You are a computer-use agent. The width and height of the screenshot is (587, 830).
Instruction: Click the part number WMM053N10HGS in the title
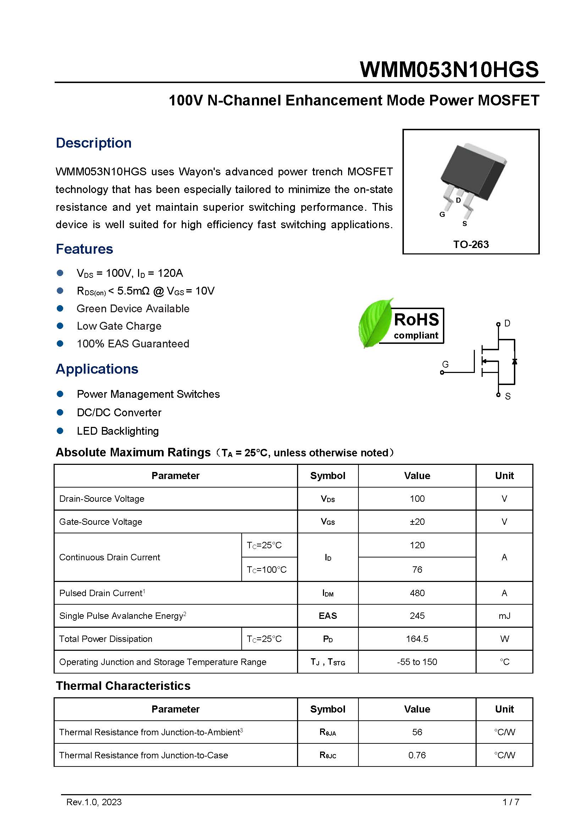(449, 70)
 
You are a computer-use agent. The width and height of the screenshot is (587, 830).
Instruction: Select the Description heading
(94, 143)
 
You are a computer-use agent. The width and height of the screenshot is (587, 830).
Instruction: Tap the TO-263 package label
(471, 244)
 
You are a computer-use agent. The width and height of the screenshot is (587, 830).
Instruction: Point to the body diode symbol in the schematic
(514, 361)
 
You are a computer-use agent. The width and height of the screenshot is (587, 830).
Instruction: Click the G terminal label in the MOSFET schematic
(445, 364)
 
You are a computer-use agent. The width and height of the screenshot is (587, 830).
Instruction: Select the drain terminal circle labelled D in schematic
(498, 324)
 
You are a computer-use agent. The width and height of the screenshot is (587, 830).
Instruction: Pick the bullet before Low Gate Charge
(60, 326)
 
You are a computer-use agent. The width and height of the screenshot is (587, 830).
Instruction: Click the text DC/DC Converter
(119, 412)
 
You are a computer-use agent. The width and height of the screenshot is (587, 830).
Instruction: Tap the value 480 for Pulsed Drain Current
(417, 593)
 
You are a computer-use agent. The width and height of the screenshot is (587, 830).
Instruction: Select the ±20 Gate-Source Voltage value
(417, 522)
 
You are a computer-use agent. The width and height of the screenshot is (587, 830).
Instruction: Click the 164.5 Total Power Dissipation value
(417, 639)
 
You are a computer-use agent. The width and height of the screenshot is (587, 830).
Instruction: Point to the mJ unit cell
(504, 616)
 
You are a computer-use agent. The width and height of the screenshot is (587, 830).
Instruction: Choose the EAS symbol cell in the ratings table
(328, 616)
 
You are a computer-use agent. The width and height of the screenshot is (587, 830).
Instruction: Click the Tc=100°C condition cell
(267, 570)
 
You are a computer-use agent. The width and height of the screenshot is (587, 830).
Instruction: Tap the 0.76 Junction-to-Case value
(417, 755)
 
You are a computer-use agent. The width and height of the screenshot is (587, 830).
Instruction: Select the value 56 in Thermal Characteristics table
(417, 732)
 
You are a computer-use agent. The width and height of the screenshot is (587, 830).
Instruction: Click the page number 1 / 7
(510, 802)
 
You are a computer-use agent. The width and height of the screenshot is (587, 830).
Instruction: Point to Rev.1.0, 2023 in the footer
(94, 802)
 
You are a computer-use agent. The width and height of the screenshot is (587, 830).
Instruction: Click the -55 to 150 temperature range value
(417, 662)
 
